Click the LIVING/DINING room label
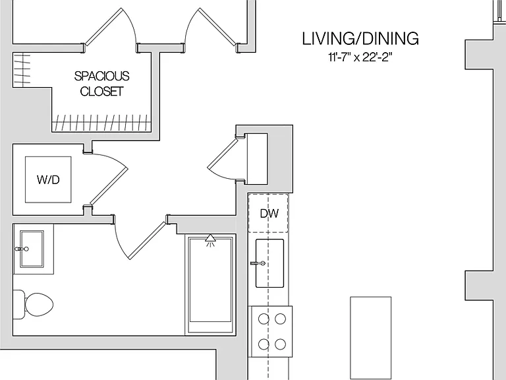[360, 38]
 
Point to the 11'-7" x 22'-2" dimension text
[360, 57]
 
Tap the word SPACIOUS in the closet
[101, 77]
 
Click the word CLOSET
[101, 92]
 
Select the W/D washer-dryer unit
[48, 179]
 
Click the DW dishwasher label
[269, 214]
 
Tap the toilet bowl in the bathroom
[39, 305]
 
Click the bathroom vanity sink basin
[32, 249]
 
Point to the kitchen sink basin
[269, 263]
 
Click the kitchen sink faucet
[258, 264]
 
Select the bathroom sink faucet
[22, 249]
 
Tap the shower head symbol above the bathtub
[210, 239]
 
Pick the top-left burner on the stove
[264, 319]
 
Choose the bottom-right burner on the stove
[280, 344]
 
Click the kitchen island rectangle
[371, 338]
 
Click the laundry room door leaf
[109, 186]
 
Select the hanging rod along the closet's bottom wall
[101, 123]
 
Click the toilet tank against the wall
[18, 305]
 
